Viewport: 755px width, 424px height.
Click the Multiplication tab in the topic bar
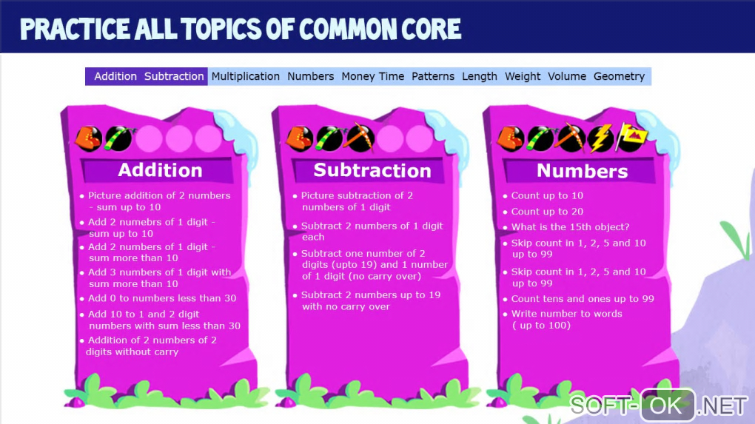coord(246,76)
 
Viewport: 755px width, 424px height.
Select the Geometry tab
coord(619,76)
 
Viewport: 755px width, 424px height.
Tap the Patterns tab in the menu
coord(433,76)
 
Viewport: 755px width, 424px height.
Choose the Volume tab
coord(567,76)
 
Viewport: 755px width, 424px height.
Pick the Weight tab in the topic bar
coord(523,76)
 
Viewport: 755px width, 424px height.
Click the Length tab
coord(480,76)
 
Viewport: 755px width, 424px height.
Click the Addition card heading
coord(160,170)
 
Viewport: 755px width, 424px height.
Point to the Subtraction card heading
coord(372,170)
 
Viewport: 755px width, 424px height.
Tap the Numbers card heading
coord(582,171)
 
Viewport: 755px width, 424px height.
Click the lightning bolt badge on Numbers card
coord(600,138)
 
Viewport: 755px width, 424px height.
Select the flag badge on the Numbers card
coord(631,136)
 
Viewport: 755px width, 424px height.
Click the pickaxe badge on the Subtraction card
coord(359,138)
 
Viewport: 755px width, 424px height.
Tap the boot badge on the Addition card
coord(88,138)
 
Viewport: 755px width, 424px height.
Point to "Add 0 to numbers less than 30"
coord(162,298)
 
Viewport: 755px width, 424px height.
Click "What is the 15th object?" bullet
coord(570,226)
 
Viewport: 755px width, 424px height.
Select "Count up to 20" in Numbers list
coord(547,212)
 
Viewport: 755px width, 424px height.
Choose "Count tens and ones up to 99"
coord(583,298)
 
